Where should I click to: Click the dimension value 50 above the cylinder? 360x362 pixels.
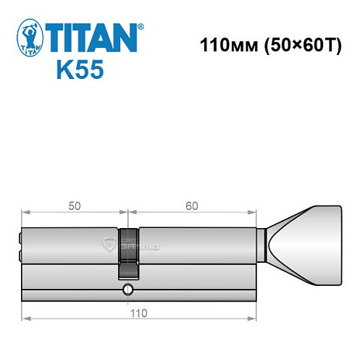coord(74,205)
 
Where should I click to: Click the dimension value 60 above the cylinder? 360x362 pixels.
coord(191,205)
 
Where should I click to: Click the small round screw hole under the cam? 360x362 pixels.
coord(127,290)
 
